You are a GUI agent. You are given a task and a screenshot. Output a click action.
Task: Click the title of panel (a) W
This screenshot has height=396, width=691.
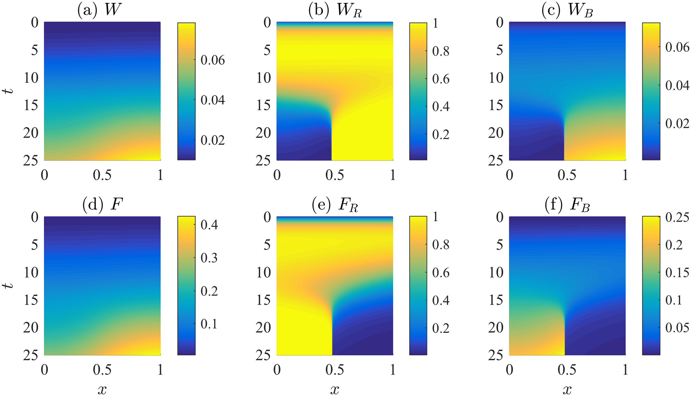pyautogui.click(x=100, y=10)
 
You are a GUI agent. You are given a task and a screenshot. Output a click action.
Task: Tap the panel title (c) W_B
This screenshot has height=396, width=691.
pyautogui.click(x=567, y=10)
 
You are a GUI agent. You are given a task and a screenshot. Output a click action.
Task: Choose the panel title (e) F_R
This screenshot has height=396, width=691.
pyautogui.click(x=334, y=205)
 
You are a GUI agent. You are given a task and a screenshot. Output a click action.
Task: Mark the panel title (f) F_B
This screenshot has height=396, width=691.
pyautogui.click(x=567, y=205)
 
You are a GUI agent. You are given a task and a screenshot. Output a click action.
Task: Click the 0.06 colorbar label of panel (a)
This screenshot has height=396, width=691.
pyautogui.click(x=212, y=60)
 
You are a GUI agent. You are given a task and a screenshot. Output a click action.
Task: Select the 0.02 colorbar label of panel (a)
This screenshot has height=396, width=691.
pyautogui.click(x=212, y=140)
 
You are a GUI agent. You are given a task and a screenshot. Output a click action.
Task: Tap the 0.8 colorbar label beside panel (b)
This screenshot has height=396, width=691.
pyautogui.click(x=441, y=51)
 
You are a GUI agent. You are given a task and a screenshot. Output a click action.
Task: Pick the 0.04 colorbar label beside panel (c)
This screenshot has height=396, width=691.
pyautogui.click(x=677, y=85)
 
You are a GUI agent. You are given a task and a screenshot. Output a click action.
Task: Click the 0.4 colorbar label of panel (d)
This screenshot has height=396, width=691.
pyautogui.click(x=209, y=225)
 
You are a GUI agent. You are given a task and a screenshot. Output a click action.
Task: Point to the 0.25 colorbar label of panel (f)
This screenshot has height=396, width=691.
pyautogui.click(x=677, y=217)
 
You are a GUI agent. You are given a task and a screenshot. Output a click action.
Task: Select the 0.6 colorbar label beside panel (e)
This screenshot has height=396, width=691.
pyautogui.click(x=441, y=273)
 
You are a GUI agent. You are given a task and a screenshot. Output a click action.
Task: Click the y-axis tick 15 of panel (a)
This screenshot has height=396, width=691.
pyautogui.click(x=31, y=105)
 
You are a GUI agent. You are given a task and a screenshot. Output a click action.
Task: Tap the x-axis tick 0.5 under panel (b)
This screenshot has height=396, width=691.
pyautogui.click(x=334, y=175)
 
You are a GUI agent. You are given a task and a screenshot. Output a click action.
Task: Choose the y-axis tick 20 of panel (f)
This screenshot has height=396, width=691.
pyautogui.click(x=496, y=327)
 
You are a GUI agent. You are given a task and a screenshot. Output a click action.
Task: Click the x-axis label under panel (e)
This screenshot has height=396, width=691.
pyautogui.click(x=334, y=390)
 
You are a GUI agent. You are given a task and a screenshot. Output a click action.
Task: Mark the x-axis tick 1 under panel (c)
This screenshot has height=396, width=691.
pyautogui.click(x=625, y=175)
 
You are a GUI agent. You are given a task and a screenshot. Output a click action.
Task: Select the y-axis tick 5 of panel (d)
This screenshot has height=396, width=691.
pyautogui.click(x=35, y=245)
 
